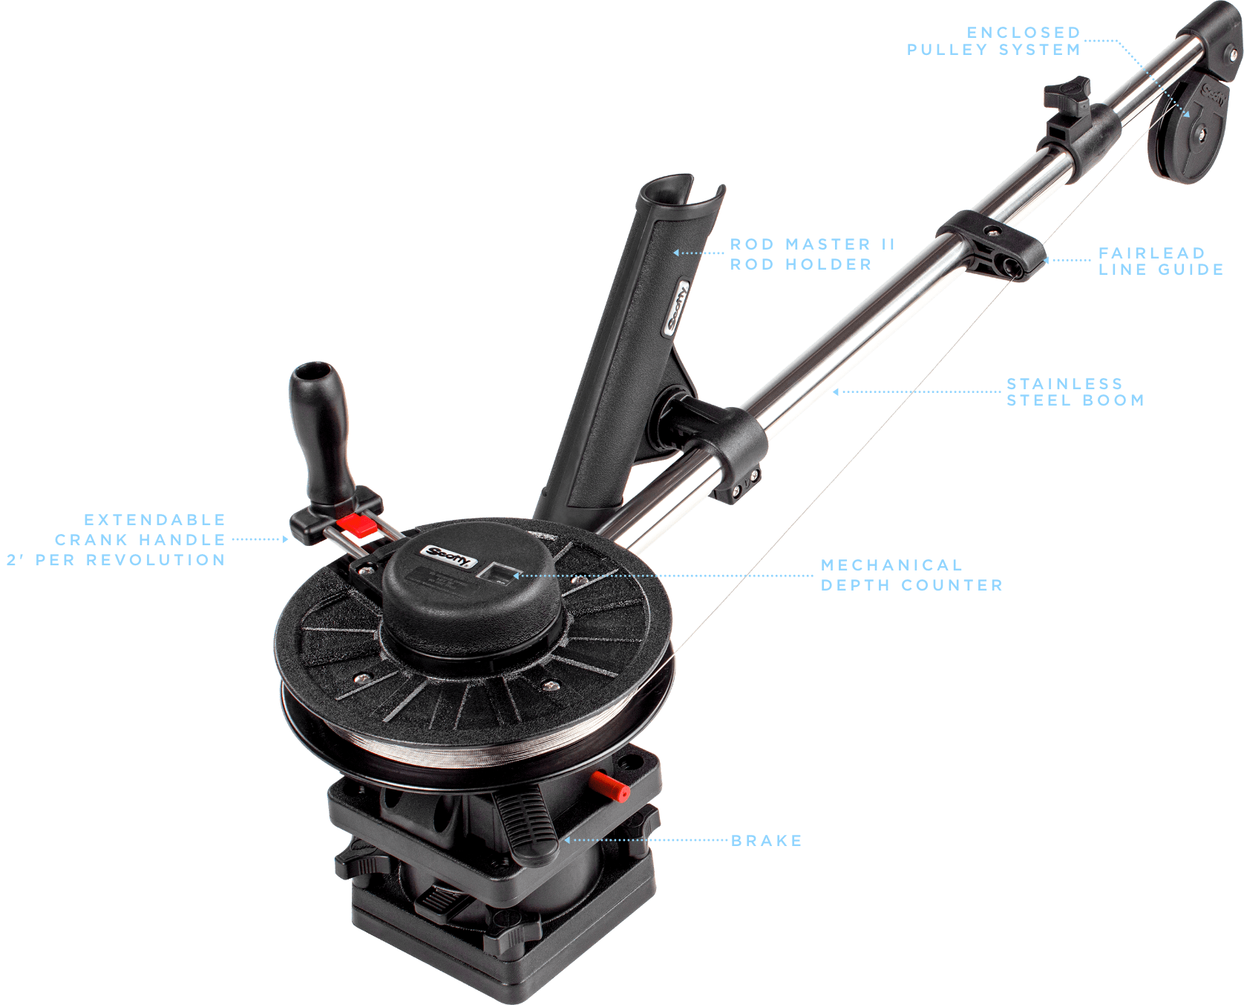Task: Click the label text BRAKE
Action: coord(766,841)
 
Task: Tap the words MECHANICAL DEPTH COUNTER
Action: coord(911,575)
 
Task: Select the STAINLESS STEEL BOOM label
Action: coord(1074,392)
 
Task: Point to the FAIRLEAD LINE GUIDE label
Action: coord(1160,261)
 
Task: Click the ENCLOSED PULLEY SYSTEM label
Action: coord(993,42)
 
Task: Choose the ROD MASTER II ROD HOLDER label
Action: coord(812,254)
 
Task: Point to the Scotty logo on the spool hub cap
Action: coord(448,555)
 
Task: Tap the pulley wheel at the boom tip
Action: coord(1186,134)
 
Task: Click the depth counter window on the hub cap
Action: coord(498,573)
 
